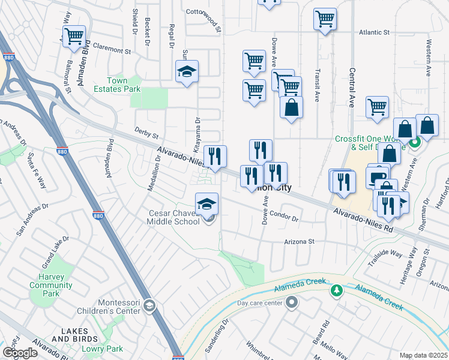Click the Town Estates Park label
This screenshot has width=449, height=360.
click(x=124, y=85)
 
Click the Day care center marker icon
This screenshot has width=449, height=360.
click(x=292, y=302)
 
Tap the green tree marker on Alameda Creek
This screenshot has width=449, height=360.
click(x=337, y=291)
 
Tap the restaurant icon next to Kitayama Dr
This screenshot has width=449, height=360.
click(x=215, y=156)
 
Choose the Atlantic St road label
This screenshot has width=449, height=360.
click(x=374, y=32)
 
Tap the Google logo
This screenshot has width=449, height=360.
click(x=20, y=353)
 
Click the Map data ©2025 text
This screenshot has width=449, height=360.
click(x=423, y=355)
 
